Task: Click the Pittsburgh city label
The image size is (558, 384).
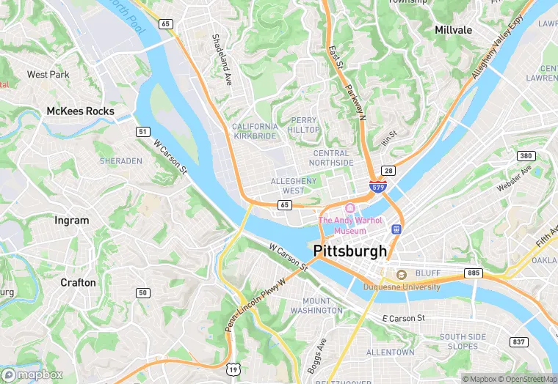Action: coord(350,251)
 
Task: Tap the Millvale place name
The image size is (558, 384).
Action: coord(453,30)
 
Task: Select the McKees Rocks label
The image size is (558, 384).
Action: coord(80,111)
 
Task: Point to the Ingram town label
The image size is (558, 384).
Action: coord(72,220)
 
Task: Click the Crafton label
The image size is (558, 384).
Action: coord(78,282)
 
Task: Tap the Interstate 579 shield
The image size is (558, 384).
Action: coord(377,188)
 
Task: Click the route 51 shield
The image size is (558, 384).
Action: coord(143,132)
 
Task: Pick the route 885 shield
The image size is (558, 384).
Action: coord(474,273)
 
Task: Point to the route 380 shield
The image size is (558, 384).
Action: coord(525,156)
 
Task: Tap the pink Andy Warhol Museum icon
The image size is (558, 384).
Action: coord(349,208)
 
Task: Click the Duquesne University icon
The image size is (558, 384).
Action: coord(402,275)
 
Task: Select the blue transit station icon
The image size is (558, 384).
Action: coord(397,229)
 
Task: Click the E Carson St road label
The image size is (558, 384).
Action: coord(404,318)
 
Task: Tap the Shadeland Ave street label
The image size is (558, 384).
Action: coord(222,57)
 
